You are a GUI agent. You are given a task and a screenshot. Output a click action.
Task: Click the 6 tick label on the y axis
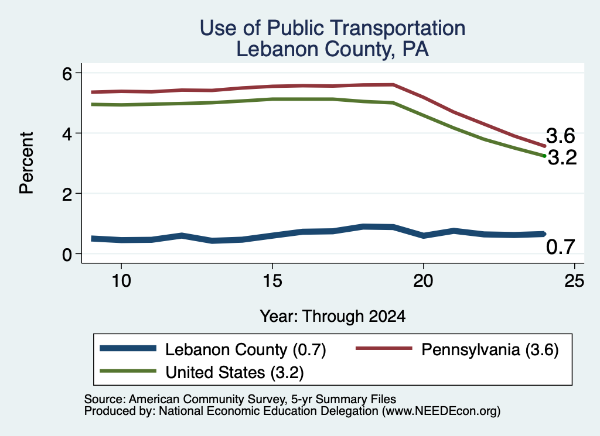coord(67,73)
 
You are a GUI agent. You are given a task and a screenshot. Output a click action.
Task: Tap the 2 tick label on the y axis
coord(67,194)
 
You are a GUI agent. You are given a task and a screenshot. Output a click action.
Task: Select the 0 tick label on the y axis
coord(67,255)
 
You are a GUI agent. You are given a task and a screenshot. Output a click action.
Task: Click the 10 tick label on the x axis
coord(121,281)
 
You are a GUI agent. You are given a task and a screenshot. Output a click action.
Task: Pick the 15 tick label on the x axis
coord(272,281)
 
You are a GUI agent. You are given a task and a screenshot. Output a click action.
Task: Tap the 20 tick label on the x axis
coord(423,281)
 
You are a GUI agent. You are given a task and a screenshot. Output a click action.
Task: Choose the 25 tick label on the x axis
coord(574,281)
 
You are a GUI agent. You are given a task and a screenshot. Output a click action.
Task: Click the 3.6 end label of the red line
coord(561,136)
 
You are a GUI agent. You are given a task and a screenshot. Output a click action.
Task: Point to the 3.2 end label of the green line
coord(562,157)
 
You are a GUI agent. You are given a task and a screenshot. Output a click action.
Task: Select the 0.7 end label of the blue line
coord(561,247)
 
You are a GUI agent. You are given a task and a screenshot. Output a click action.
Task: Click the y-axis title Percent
coord(27,163)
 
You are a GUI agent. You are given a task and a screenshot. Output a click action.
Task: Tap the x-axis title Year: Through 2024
coord(333,317)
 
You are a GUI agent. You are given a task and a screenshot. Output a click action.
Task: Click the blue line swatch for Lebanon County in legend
coord(128,348)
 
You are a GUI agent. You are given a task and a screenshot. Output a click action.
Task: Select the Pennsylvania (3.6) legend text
coord(490,349)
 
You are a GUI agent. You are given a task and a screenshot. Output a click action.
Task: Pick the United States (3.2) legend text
coord(234,372)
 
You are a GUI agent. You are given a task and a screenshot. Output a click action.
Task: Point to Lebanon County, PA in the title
coord(333,50)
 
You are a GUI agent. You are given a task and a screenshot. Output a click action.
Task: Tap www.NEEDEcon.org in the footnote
coord(441,411)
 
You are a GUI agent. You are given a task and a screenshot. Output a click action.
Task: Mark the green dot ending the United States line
coord(544,156)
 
